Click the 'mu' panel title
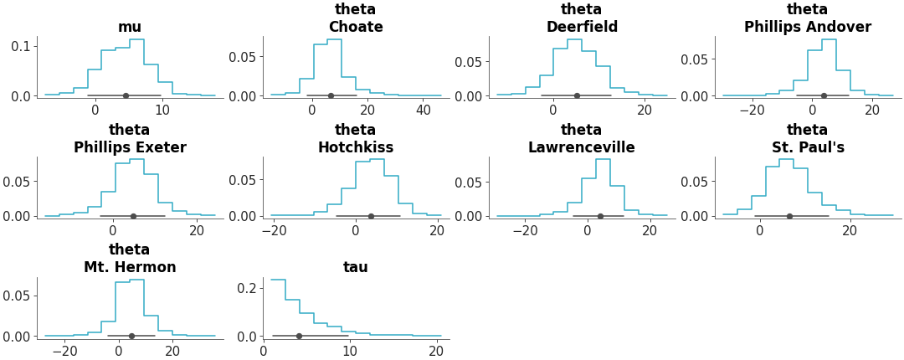pyautogui.click(x=130, y=27)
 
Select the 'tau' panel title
pyautogui.click(x=356, y=267)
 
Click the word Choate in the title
pyautogui.click(x=356, y=27)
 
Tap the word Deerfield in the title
pyautogui.click(x=582, y=27)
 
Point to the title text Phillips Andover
pyautogui.click(x=807, y=27)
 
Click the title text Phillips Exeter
pyautogui.click(x=130, y=147)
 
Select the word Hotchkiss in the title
pyautogui.click(x=356, y=147)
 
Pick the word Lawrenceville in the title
pyautogui.click(x=582, y=147)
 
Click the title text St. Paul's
pyautogui.click(x=807, y=147)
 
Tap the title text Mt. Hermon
pyautogui.click(x=130, y=267)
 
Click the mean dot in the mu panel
pyautogui.click(x=126, y=95)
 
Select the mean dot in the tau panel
pyautogui.click(x=299, y=336)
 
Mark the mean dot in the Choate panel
pyautogui.click(x=331, y=95)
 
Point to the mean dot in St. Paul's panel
pyautogui.click(x=789, y=216)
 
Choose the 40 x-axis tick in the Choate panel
pyautogui.click(x=424, y=110)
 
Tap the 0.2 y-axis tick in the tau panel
pyautogui.click(x=248, y=288)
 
